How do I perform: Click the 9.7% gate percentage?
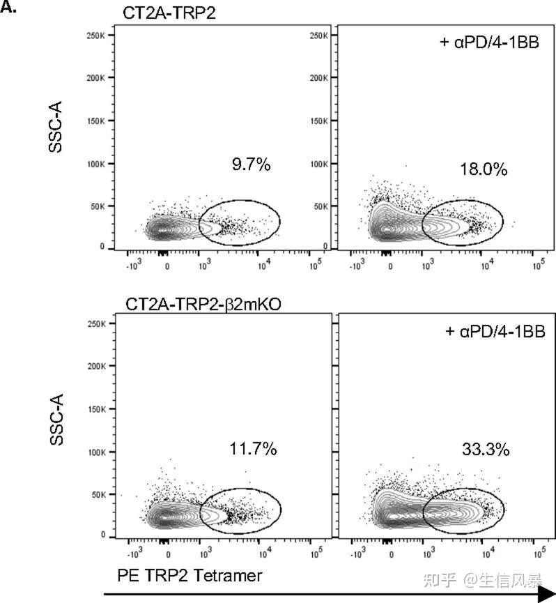click(x=251, y=165)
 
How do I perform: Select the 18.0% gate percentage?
click(x=483, y=169)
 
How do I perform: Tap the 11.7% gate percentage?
click(x=253, y=449)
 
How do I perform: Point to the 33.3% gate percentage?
click(x=486, y=449)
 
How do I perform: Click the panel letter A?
click(x=10, y=10)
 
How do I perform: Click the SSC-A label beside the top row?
click(x=57, y=129)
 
